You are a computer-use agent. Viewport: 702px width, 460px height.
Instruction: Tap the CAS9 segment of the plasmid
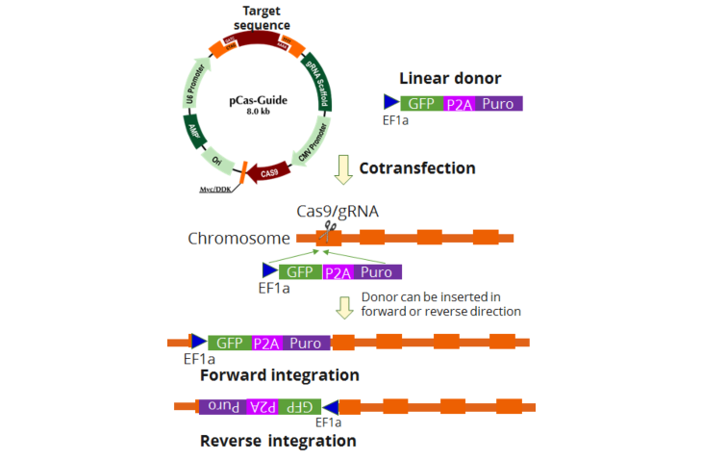coord(268,171)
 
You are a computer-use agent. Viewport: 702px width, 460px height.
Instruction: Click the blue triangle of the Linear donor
coord(390,102)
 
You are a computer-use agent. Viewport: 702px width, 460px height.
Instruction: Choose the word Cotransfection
coord(417,168)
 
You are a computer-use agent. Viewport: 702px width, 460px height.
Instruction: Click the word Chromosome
coord(238,238)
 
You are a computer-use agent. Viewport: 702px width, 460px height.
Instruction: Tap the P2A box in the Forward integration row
coord(265,343)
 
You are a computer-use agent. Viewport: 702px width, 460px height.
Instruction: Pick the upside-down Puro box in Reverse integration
coord(222,406)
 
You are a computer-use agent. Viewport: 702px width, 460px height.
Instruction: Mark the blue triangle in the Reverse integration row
coord(330,407)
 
